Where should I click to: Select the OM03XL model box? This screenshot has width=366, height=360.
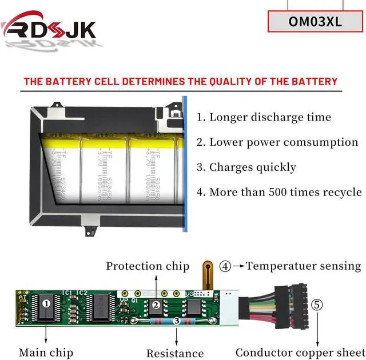tap(316, 22)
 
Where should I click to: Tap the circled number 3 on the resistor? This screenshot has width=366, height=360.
tap(177, 322)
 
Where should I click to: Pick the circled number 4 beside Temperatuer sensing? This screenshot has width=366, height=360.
tap(226, 266)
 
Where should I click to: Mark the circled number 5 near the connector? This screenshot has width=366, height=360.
tap(317, 304)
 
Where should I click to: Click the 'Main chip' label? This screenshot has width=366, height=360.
tap(46, 353)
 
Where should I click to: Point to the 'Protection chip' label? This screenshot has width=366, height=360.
tap(148, 266)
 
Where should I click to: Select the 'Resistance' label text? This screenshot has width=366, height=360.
tap(175, 354)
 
